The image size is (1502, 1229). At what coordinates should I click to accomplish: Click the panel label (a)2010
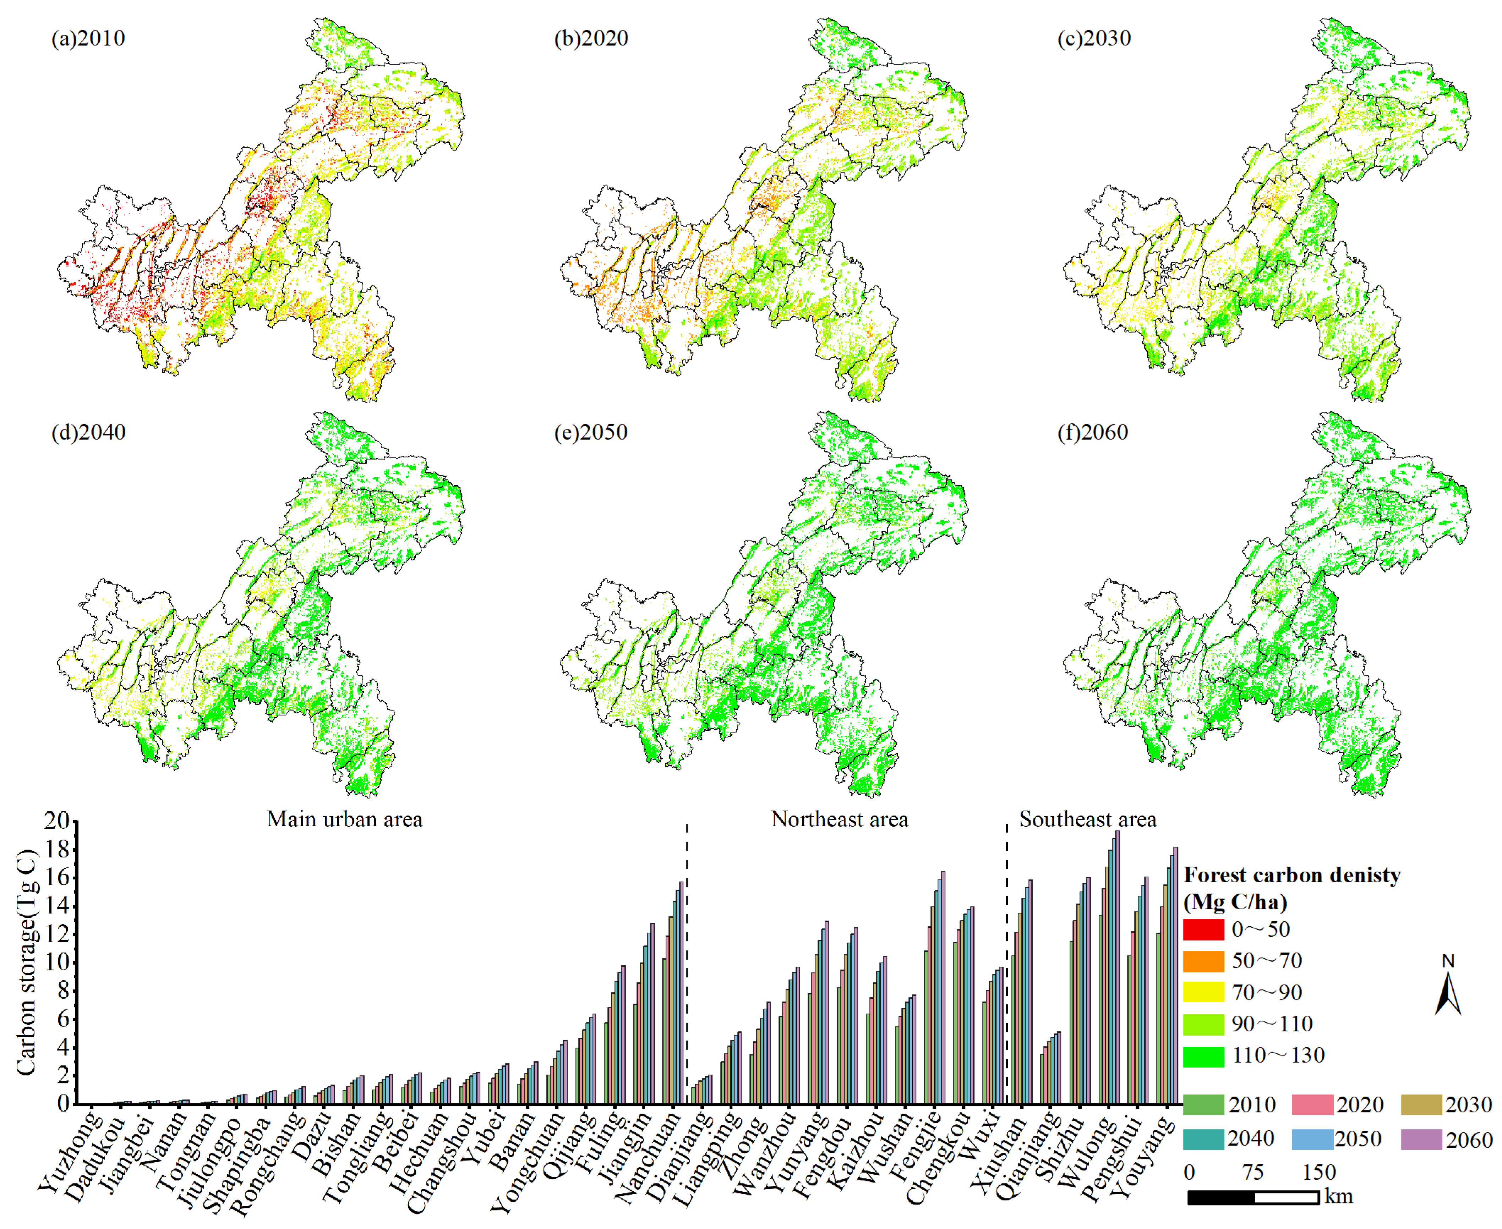coord(88,38)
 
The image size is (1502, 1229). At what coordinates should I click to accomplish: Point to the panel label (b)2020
coord(591,38)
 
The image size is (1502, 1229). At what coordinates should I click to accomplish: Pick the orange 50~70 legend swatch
coord(1203,961)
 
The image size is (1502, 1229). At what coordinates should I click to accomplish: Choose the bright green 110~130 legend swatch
coord(1203,1055)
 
